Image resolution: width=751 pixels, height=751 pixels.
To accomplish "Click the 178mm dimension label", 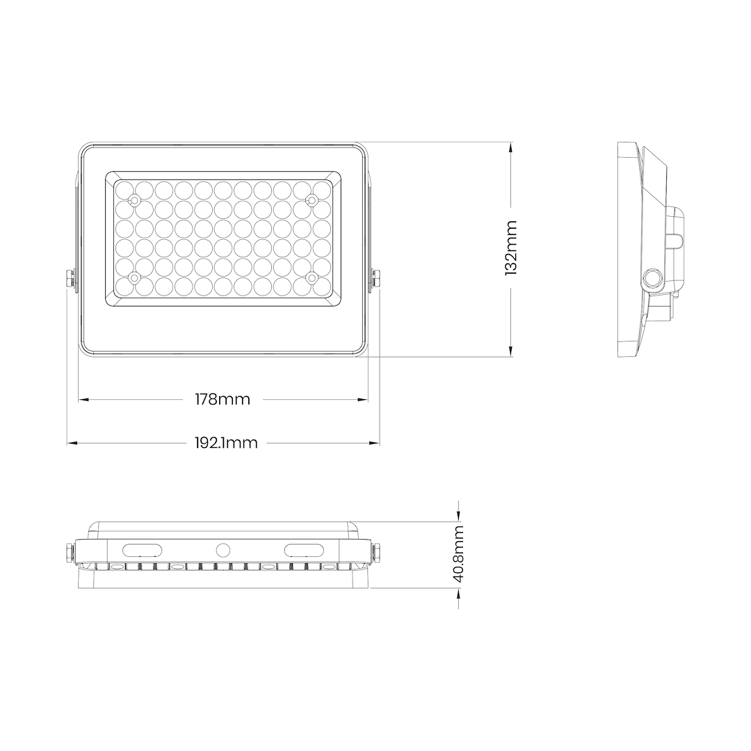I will (x=222, y=399).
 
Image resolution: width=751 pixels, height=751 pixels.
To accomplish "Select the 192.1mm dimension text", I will (x=225, y=443).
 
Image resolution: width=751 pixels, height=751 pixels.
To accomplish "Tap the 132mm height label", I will (x=511, y=248).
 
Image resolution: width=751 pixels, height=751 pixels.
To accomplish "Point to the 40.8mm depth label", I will (x=458, y=554).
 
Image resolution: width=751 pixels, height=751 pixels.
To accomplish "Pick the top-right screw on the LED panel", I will (x=312, y=200).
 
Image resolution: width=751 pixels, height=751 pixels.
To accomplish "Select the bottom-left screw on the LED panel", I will (x=135, y=278).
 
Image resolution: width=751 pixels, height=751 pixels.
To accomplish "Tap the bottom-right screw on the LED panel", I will (x=312, y=278).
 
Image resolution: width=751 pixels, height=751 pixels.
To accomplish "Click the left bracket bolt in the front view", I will (x=71, y=280).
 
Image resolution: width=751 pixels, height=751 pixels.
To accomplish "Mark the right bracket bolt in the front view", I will (x=375, y=280).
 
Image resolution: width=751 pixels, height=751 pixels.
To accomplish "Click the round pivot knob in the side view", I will (x=652, y=278).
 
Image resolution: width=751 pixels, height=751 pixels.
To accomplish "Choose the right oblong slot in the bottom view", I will (x=303, y=549).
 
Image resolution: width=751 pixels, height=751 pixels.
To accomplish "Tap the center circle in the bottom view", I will (x=223, y=549).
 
